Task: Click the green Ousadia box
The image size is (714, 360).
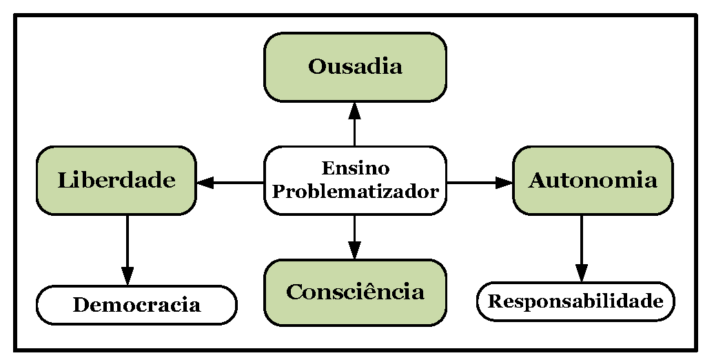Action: [355, 67]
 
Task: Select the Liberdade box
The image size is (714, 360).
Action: [116, 180]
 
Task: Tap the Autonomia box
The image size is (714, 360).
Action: [593, 180]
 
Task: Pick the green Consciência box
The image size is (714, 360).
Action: [355, 292]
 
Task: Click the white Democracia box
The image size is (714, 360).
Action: [136, 305]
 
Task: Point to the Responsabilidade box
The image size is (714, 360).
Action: [575, 301]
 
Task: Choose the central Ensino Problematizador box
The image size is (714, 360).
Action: [355, 180]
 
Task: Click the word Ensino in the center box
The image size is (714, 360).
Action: [355, 168]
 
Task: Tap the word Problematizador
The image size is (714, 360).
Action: [355, 192]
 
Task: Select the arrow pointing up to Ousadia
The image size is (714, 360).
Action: [355, 124]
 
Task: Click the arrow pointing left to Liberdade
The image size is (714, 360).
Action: [231, 183]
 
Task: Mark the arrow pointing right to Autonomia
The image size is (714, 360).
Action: [480, 183]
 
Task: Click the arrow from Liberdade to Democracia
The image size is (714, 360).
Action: [127, 248]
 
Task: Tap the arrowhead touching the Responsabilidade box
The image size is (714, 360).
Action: [582, 274]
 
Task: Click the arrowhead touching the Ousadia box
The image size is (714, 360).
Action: [355, 109]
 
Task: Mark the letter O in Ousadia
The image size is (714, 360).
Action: [317, 67]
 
